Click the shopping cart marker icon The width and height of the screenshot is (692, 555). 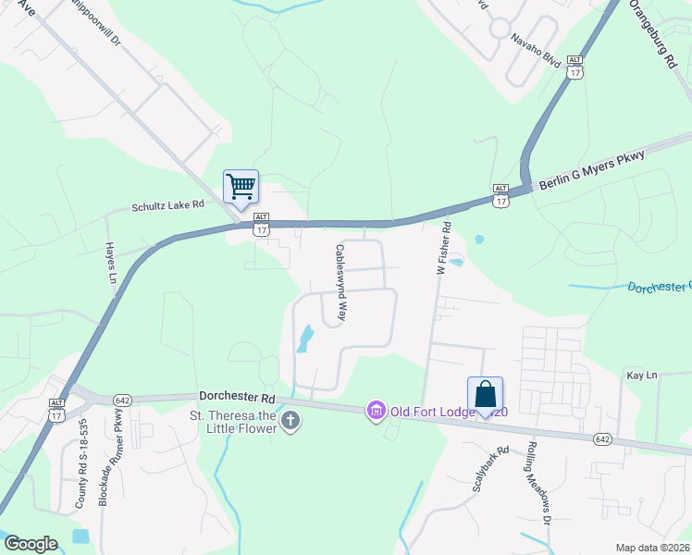tap(241, 187)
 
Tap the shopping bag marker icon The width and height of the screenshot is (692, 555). tap(485, 394)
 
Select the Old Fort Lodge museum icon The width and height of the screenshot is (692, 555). tap(376, 409)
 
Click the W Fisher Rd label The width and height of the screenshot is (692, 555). tap(443, 248)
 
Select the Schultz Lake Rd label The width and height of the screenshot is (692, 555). tap(167, 207)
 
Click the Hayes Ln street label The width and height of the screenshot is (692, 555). tap(110, 263)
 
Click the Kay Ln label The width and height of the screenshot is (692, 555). tap(641, 375)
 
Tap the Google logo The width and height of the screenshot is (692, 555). tap(31, 543)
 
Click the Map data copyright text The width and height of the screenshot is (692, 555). tap(652, 548)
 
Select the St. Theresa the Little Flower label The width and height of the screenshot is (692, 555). tap(234, 422)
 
